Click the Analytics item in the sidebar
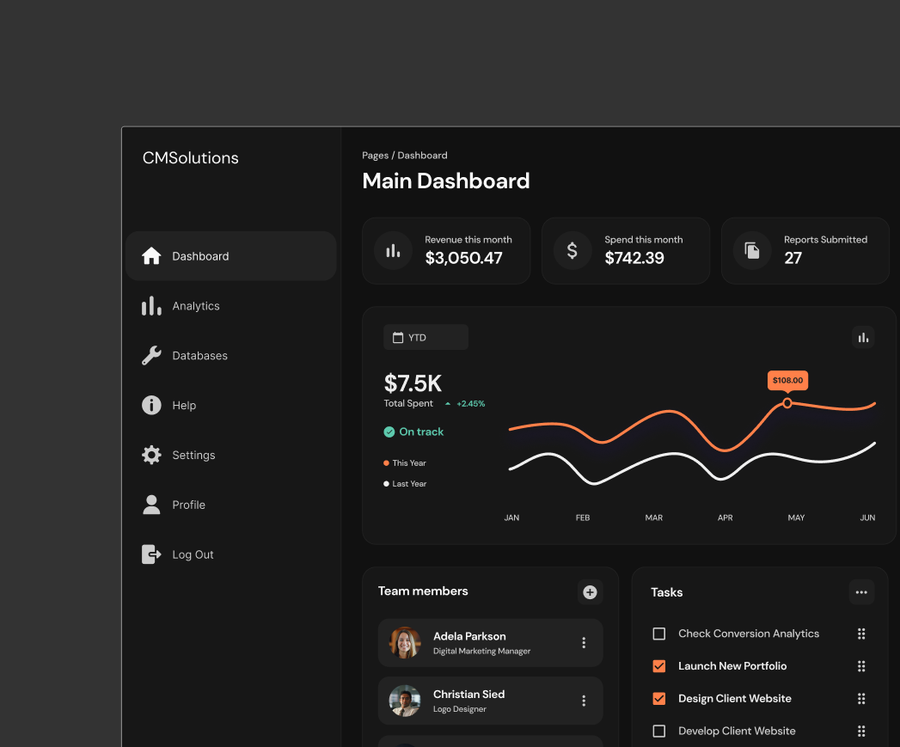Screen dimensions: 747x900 pyautogui.click(x=195, y=306)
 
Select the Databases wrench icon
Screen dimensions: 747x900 pyautogui.click(x=151, y=356)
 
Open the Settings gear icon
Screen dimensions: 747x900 pyautogui.click(x=151, y=456)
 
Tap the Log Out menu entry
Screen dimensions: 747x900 pyautogui.click(x=192, y=554)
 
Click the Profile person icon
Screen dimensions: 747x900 pyautogui.click(x=151, y=505)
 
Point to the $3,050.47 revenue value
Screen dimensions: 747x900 pyautogui.click(x=463, y=258)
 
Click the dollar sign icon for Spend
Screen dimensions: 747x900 pyautogui.click(x=572, y=251)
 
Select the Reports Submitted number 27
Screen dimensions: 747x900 pyautogui.click(x=793, y=258)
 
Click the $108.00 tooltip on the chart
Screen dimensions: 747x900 pyautogui.click(x=787, y=380)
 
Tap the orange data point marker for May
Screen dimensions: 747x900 pyautogui.click(x=787, y=402)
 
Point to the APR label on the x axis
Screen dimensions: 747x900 pyautogui.click(x=725, y=517)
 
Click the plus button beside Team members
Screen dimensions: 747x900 pyautogui.click(x=590, y=592)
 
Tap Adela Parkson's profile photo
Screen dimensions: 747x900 pyautogui.click(x=405, y=642)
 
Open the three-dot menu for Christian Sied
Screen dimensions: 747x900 pyautogui.click(x=584, y=701)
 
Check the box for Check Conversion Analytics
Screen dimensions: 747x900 pyautogui.click(x=659, y=634)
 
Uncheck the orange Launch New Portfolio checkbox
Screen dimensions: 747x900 pyautogui.click(x=659, y=666)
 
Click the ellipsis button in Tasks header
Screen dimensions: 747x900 pyautogui.click(x=861, y=592)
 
